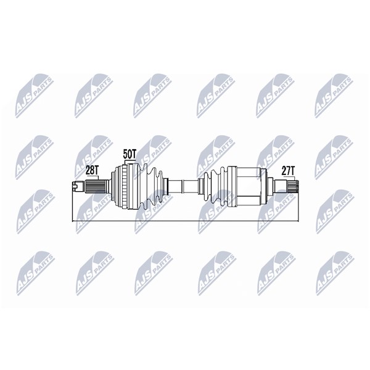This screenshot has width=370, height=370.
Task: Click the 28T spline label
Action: (x=92, y=170)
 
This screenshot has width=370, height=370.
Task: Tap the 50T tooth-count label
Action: (x=129, y=154)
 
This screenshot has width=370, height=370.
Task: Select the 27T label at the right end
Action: (x=289, y=171)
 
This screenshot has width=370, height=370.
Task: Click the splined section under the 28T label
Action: (x=96, y=187)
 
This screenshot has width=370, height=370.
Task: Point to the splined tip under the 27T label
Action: (x=292, y=186)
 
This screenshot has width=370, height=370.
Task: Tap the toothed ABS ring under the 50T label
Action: (x=124, y=187)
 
